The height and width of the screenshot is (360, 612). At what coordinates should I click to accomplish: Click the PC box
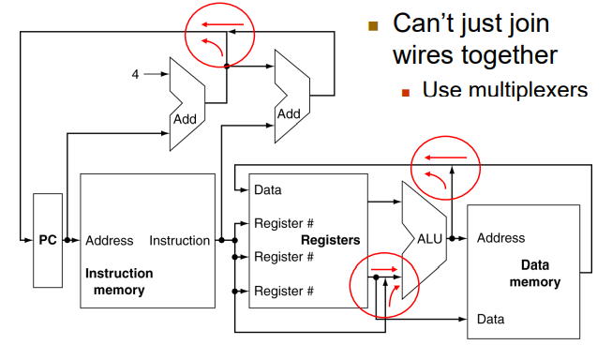(48, 240)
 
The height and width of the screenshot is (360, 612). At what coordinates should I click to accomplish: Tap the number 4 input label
(135, 74)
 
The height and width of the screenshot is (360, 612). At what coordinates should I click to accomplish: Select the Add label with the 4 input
(185, 119)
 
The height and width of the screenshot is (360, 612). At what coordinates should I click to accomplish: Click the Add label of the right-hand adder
(289, 114)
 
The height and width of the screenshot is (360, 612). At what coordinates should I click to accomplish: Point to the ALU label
(429, 238)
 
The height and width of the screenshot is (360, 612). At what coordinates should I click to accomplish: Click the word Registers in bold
(330, 240)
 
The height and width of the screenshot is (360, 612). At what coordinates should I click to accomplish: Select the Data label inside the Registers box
(268, 190)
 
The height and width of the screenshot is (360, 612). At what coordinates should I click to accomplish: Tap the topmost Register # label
(284, 223)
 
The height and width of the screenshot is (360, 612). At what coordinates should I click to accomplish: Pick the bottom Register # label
(284, 291)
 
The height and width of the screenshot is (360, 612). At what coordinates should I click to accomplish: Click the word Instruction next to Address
(180, 241)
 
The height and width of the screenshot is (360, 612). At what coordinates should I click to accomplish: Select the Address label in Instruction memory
(110, 241)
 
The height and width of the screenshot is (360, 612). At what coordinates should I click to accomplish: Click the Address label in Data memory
(500, 238)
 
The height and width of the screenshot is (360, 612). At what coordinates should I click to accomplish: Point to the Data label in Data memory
(490, 320)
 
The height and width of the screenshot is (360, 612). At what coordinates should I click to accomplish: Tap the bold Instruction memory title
(119, 281)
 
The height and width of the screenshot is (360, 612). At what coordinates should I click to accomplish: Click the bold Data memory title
(535, 274)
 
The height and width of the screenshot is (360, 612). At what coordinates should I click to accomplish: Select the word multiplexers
(528, 90)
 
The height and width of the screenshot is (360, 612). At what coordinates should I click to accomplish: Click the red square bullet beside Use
(406, 93)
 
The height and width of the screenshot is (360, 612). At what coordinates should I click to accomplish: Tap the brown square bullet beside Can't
(373, 26)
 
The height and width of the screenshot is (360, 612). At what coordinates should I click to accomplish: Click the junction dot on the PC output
(67, 240)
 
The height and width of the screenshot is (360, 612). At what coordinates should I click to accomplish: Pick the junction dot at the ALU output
(452, 238)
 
